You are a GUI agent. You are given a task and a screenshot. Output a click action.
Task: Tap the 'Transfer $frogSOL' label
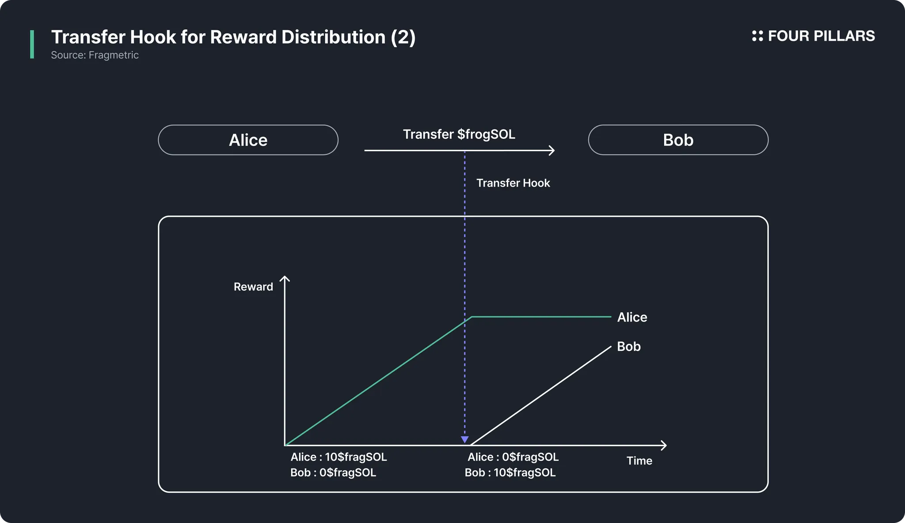click(459, 134)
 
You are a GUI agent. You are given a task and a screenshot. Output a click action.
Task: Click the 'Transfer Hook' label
click(513, 183)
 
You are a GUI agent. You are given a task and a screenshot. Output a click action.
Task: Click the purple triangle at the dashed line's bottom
click(464, 439)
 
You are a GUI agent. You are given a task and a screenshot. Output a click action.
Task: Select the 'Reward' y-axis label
click(253, 287)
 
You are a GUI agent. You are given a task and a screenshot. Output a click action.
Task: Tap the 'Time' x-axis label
click(639, 461)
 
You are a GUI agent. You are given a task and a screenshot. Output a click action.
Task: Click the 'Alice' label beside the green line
click(632, 317)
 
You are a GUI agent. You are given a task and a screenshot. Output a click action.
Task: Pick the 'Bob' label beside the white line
click(629, 346)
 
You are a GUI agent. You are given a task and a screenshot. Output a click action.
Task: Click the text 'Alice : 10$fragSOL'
click(338, 457)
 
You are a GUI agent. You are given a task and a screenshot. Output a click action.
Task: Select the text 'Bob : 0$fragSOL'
click(333, 473)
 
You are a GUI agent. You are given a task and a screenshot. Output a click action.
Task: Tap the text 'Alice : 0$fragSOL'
click(513, 457)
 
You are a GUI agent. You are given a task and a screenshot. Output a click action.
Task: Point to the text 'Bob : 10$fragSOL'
click(510, 473)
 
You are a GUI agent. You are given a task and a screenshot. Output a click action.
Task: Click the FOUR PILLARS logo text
click(821, 36)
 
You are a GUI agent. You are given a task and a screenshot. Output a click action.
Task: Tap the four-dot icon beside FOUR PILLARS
click(757, 36)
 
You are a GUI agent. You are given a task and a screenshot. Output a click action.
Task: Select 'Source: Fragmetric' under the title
click(95, 55)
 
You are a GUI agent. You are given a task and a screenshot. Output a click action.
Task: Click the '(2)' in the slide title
click(403, 37)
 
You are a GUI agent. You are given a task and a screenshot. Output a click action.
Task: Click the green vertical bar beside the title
click(32, 44)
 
